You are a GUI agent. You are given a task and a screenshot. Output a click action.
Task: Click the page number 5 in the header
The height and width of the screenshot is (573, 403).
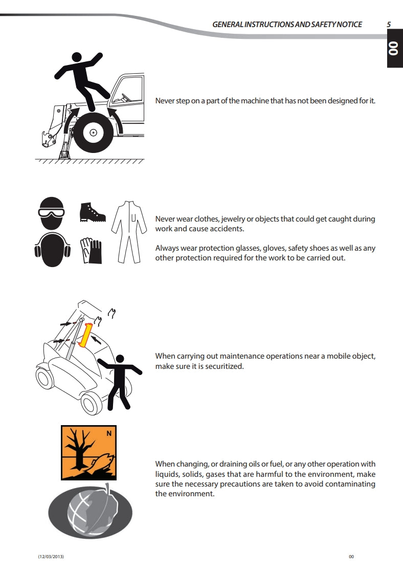point(389,25)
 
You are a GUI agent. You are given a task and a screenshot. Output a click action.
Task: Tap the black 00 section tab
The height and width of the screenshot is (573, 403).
point(395,51)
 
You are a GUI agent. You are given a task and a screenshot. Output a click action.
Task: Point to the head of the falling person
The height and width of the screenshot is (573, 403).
point(77,57)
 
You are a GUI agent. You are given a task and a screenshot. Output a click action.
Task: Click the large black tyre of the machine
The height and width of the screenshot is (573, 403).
point(93,133)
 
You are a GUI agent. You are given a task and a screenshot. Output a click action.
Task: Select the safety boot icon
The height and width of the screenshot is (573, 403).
point(93,212)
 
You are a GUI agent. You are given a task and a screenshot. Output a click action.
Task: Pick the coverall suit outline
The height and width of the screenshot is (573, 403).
point(129,232)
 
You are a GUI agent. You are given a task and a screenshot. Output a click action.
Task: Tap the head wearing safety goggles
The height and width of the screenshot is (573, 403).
point(52,213)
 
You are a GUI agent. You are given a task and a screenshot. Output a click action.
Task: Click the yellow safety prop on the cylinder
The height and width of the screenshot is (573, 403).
point(86,335)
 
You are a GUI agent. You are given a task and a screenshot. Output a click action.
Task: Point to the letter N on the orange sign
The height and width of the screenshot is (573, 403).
point(109,433)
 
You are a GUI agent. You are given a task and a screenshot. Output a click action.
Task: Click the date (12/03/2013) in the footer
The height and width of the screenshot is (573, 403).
point(51,557)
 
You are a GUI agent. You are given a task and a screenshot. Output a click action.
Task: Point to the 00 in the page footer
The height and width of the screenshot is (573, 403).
point(351,557)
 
